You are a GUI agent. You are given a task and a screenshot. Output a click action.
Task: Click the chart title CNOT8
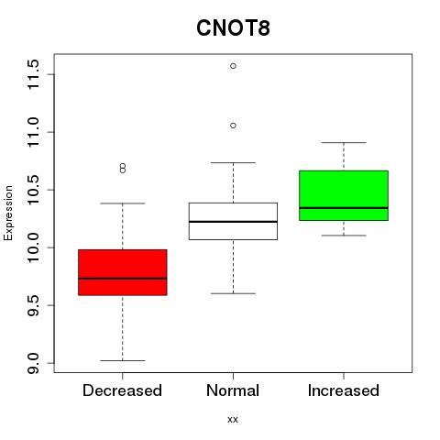tap(233, 28)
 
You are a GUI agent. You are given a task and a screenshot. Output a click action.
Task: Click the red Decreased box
tap(123, 272)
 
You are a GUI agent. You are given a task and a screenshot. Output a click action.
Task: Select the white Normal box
tap(233, 221)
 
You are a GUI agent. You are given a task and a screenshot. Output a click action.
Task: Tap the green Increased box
tap(344, 195)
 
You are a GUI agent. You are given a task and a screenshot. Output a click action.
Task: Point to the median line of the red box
tap(123, 279)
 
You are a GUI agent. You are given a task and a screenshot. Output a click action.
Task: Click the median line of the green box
tap(344, 208)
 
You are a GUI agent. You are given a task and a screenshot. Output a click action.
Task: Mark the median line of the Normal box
tap(233, 222)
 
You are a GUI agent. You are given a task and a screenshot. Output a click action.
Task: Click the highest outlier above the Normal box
tap(233, 66)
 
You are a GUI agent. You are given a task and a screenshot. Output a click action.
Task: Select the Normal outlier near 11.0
tap(233, 126)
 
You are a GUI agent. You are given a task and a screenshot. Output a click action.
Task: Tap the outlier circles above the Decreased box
tap(123, 168)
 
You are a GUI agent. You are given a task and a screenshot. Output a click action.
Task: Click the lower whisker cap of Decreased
tap(123, 360)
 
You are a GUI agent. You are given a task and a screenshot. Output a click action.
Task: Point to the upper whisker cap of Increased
tap(344, 142)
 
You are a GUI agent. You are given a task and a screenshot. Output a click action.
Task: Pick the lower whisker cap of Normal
tap(233, 293)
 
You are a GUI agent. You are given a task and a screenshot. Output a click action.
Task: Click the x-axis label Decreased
tap(122, 390)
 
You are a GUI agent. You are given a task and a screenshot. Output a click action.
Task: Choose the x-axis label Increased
tap(344, 390)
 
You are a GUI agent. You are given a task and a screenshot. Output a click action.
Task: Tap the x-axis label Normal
tap(233, 390)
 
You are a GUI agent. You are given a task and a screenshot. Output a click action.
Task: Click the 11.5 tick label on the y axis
tap(33, 74)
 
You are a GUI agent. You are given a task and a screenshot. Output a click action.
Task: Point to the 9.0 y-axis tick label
tap(33, 363)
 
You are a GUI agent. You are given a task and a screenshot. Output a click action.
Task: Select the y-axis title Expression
tap(8, 213)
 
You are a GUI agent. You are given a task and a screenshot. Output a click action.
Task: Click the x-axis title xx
tap(233, 419)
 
